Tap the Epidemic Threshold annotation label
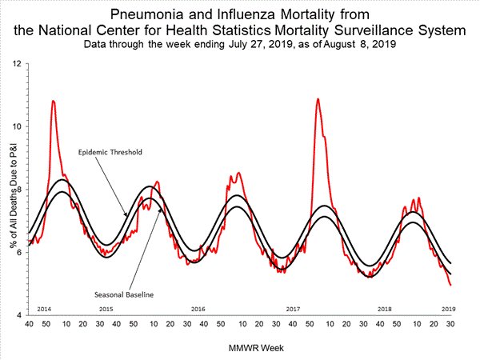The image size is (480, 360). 110,151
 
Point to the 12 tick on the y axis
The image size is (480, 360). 17,62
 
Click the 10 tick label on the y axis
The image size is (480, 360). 17,126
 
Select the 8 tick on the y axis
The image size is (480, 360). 18,190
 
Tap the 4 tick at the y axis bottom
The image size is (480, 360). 18,316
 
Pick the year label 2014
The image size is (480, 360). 45,308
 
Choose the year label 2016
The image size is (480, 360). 198,308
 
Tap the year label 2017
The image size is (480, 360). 292,308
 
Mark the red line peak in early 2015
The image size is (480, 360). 53,101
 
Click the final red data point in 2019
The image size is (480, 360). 450,285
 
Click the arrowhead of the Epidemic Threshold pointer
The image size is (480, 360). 125,214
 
